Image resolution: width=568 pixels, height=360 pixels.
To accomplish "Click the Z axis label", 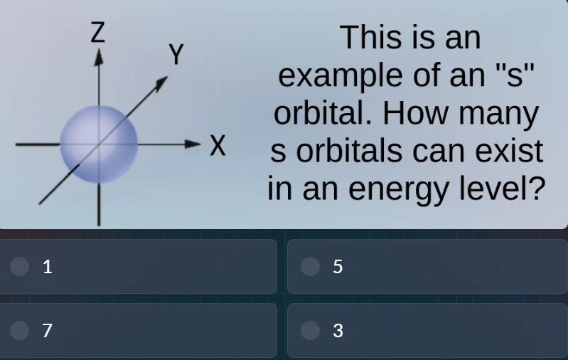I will (98, 33).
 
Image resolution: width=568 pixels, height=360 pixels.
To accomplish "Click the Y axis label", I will (176, 54).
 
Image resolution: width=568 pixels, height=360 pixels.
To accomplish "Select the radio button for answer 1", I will (20, 266).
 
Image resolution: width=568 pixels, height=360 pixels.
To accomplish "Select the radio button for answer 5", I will (310, 266).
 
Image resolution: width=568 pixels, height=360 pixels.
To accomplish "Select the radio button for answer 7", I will (20, 330).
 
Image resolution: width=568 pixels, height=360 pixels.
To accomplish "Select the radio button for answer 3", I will (310, 330).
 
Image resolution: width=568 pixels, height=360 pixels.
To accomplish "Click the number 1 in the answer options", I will (48, 267).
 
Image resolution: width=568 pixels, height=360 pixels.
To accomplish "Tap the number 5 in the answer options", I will (338, 267).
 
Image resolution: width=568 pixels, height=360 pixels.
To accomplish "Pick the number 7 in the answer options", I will (48, 331).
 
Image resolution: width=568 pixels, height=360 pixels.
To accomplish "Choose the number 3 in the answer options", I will (338, 331).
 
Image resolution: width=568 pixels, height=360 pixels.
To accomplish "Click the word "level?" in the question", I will (506, 189).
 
